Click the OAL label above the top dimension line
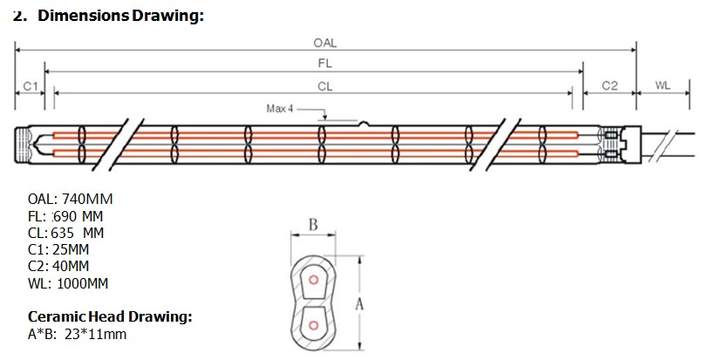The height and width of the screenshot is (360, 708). point(325,43)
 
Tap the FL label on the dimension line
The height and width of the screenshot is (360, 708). point(325,64)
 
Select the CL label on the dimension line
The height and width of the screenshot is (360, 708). point(325,86)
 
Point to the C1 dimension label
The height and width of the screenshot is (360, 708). point(31,86)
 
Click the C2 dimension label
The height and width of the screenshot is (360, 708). point(609,85)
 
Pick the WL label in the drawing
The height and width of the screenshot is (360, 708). point(663,85)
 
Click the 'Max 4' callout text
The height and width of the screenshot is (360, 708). point(280,109)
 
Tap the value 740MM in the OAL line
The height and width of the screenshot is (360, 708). point(87,199)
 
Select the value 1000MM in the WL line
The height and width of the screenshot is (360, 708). point(83,284)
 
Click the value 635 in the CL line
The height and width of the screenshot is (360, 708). point(62,234)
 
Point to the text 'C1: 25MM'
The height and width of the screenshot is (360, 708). point(58,249)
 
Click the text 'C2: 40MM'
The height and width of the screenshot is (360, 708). point(58,266)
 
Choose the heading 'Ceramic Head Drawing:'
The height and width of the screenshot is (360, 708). point(110,316)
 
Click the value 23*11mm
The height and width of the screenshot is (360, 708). point(96,335)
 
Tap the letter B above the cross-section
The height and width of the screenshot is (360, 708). point(313,224)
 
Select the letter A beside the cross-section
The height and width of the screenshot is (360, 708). point(359,304)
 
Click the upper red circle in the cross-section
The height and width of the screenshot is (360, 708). point(313,280)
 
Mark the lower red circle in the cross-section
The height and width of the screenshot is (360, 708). point(313,325)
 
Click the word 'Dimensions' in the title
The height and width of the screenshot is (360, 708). point(84,16)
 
